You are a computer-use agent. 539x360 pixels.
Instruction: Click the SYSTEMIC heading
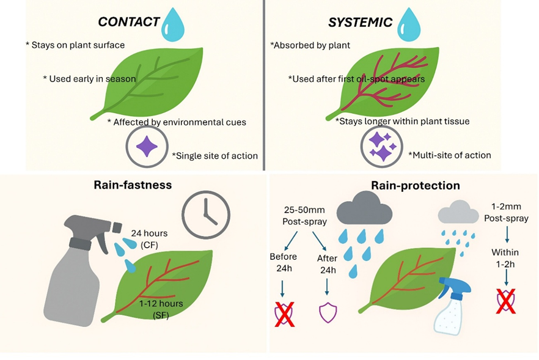(x=360, y=23)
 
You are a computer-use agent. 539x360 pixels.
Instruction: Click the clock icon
(x=207, y=214)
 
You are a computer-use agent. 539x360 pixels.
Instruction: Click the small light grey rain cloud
(x=458, y=213)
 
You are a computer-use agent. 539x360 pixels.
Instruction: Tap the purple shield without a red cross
(x=328, y=312)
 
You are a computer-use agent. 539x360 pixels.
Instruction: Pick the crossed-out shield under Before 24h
(x=283, y=312)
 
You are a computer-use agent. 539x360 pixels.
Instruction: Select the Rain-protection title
(x=415, y=185)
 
